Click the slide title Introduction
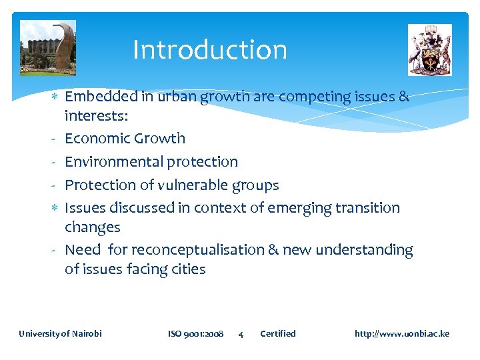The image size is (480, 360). [209, 50]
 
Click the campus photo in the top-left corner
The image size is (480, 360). [47, 48]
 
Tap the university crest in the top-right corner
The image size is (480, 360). [429, 50]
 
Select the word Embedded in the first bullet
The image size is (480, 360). [101, 97]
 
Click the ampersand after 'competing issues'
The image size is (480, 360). [403, 97]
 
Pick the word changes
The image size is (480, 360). [92, 227]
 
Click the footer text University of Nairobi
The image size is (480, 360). [60, 333]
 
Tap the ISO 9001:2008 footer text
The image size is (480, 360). [195, 333]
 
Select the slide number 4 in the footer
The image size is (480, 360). [241, 334]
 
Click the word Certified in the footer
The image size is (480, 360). [277, 333]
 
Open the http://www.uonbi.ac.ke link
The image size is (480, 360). [401, 333]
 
